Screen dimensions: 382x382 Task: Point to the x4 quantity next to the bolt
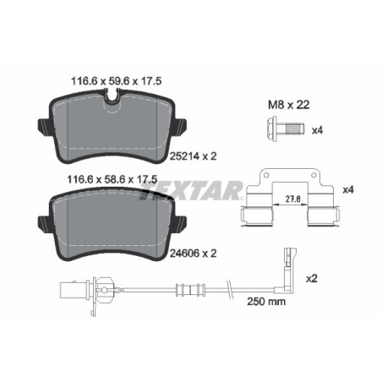click(318, 130)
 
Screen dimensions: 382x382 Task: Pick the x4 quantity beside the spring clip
click(347, 189)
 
